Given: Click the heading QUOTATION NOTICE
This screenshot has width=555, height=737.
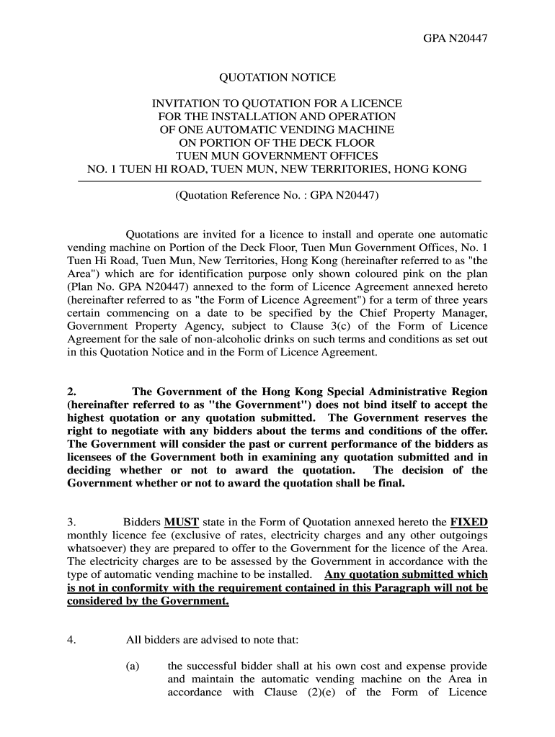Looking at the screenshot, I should click(277, 77).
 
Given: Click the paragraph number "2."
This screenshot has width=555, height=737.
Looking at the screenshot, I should click(71, 392).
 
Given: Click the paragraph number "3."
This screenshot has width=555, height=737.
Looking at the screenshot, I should click(71, 522).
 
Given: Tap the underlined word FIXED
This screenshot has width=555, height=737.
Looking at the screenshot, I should click(469, 522).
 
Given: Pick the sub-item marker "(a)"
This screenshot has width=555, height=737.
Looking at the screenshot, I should click(133, 666).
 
